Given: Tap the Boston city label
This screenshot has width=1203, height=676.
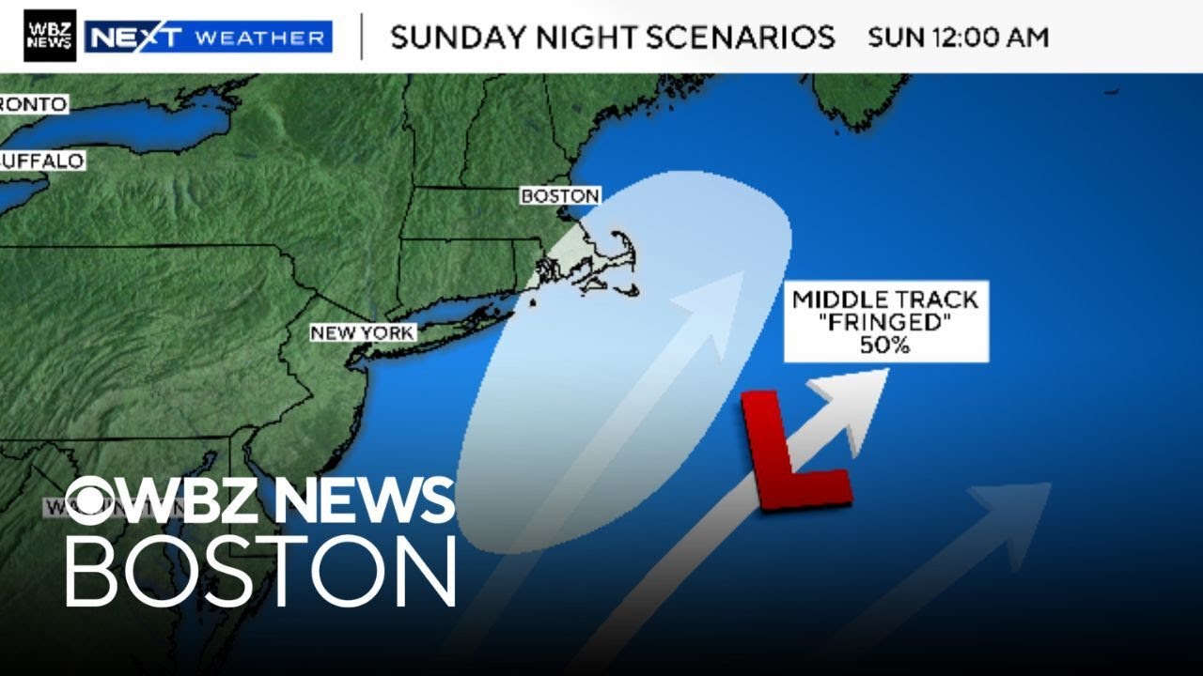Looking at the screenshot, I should coord(560,196).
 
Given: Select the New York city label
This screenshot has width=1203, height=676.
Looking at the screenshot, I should coord(362,332).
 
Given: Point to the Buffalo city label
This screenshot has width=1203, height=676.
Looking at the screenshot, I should coord(41,161).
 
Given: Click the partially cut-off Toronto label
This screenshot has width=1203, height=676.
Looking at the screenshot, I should coord(34,104).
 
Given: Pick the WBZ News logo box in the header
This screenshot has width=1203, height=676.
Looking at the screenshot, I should coord(50,36).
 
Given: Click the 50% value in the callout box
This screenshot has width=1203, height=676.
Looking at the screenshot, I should coord(886,346).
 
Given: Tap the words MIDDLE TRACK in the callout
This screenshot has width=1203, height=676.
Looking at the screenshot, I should coord(886,300).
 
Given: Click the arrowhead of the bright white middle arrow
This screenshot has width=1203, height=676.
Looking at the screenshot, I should coord(860,393).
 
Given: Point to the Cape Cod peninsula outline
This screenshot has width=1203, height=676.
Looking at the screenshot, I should coord(621,253).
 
